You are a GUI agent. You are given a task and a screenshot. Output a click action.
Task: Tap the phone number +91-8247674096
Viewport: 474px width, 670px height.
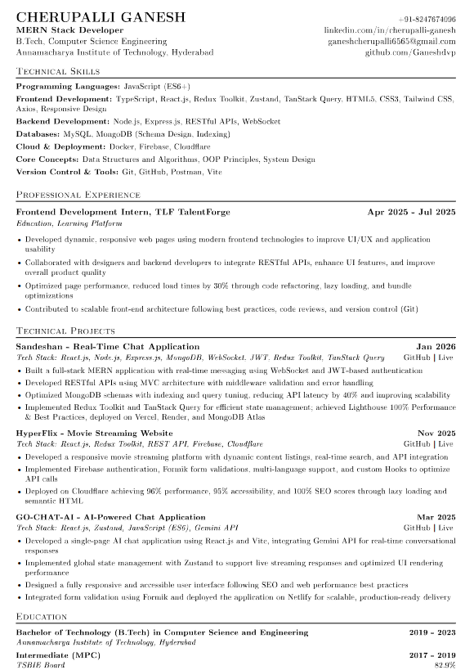coord(427,18)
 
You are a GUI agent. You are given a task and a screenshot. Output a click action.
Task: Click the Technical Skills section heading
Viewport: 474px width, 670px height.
coord(58,72)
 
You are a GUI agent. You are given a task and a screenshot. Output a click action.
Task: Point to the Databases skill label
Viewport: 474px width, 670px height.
coord(37,133)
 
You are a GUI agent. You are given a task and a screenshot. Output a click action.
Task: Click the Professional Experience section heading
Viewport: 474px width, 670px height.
coord(78,195)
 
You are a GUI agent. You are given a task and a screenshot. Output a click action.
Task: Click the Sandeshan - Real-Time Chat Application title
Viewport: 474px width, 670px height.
coord(107,347)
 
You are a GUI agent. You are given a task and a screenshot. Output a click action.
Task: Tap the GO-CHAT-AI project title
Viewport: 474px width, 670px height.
coord(110,517)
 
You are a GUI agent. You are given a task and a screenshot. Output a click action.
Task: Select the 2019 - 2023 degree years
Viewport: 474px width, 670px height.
coord(432,632)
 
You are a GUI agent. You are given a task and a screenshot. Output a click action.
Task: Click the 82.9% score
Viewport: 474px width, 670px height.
coord(445,665)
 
